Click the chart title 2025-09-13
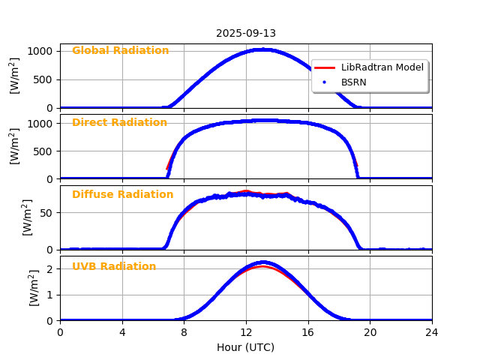coord(246,34)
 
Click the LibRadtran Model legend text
coord(382,67)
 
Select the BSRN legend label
coord(354,82)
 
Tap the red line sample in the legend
coord(324,67)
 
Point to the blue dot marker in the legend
coord(324,82)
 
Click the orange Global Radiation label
coord(121,51)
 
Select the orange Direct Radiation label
coord(120,123)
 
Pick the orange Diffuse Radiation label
coord(123,195)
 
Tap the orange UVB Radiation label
coord(114,267)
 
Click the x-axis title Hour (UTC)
coord(246,347)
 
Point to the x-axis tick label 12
coord(246,332)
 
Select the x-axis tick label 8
coord(184,332)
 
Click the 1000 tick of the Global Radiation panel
coord(41,51)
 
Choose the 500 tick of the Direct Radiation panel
coord(44,151)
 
